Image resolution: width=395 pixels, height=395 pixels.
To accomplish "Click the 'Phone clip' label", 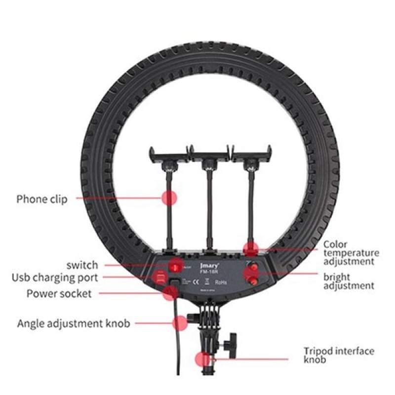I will click(x=42, y=199).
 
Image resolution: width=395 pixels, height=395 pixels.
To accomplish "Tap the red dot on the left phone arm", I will click(x=169, y=198).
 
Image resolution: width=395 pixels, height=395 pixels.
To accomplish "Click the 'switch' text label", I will click(x=82, y=265).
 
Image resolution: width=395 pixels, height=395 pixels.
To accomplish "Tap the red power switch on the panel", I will click(x=175, y=267).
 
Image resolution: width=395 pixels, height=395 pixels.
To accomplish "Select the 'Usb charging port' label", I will click(x=55, y=277).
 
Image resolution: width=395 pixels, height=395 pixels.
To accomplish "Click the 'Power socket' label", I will click(x=59, y=294).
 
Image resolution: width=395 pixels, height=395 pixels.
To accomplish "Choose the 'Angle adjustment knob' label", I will click(x=74, y=324).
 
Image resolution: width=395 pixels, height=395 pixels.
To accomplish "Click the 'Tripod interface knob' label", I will click(x=339, y=355).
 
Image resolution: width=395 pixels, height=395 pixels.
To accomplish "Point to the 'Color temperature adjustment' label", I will click(x=351, y=253).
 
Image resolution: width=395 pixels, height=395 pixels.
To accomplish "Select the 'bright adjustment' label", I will click(x=349, y=281).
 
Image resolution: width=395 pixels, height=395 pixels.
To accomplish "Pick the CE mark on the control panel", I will click(x=196, y=282).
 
